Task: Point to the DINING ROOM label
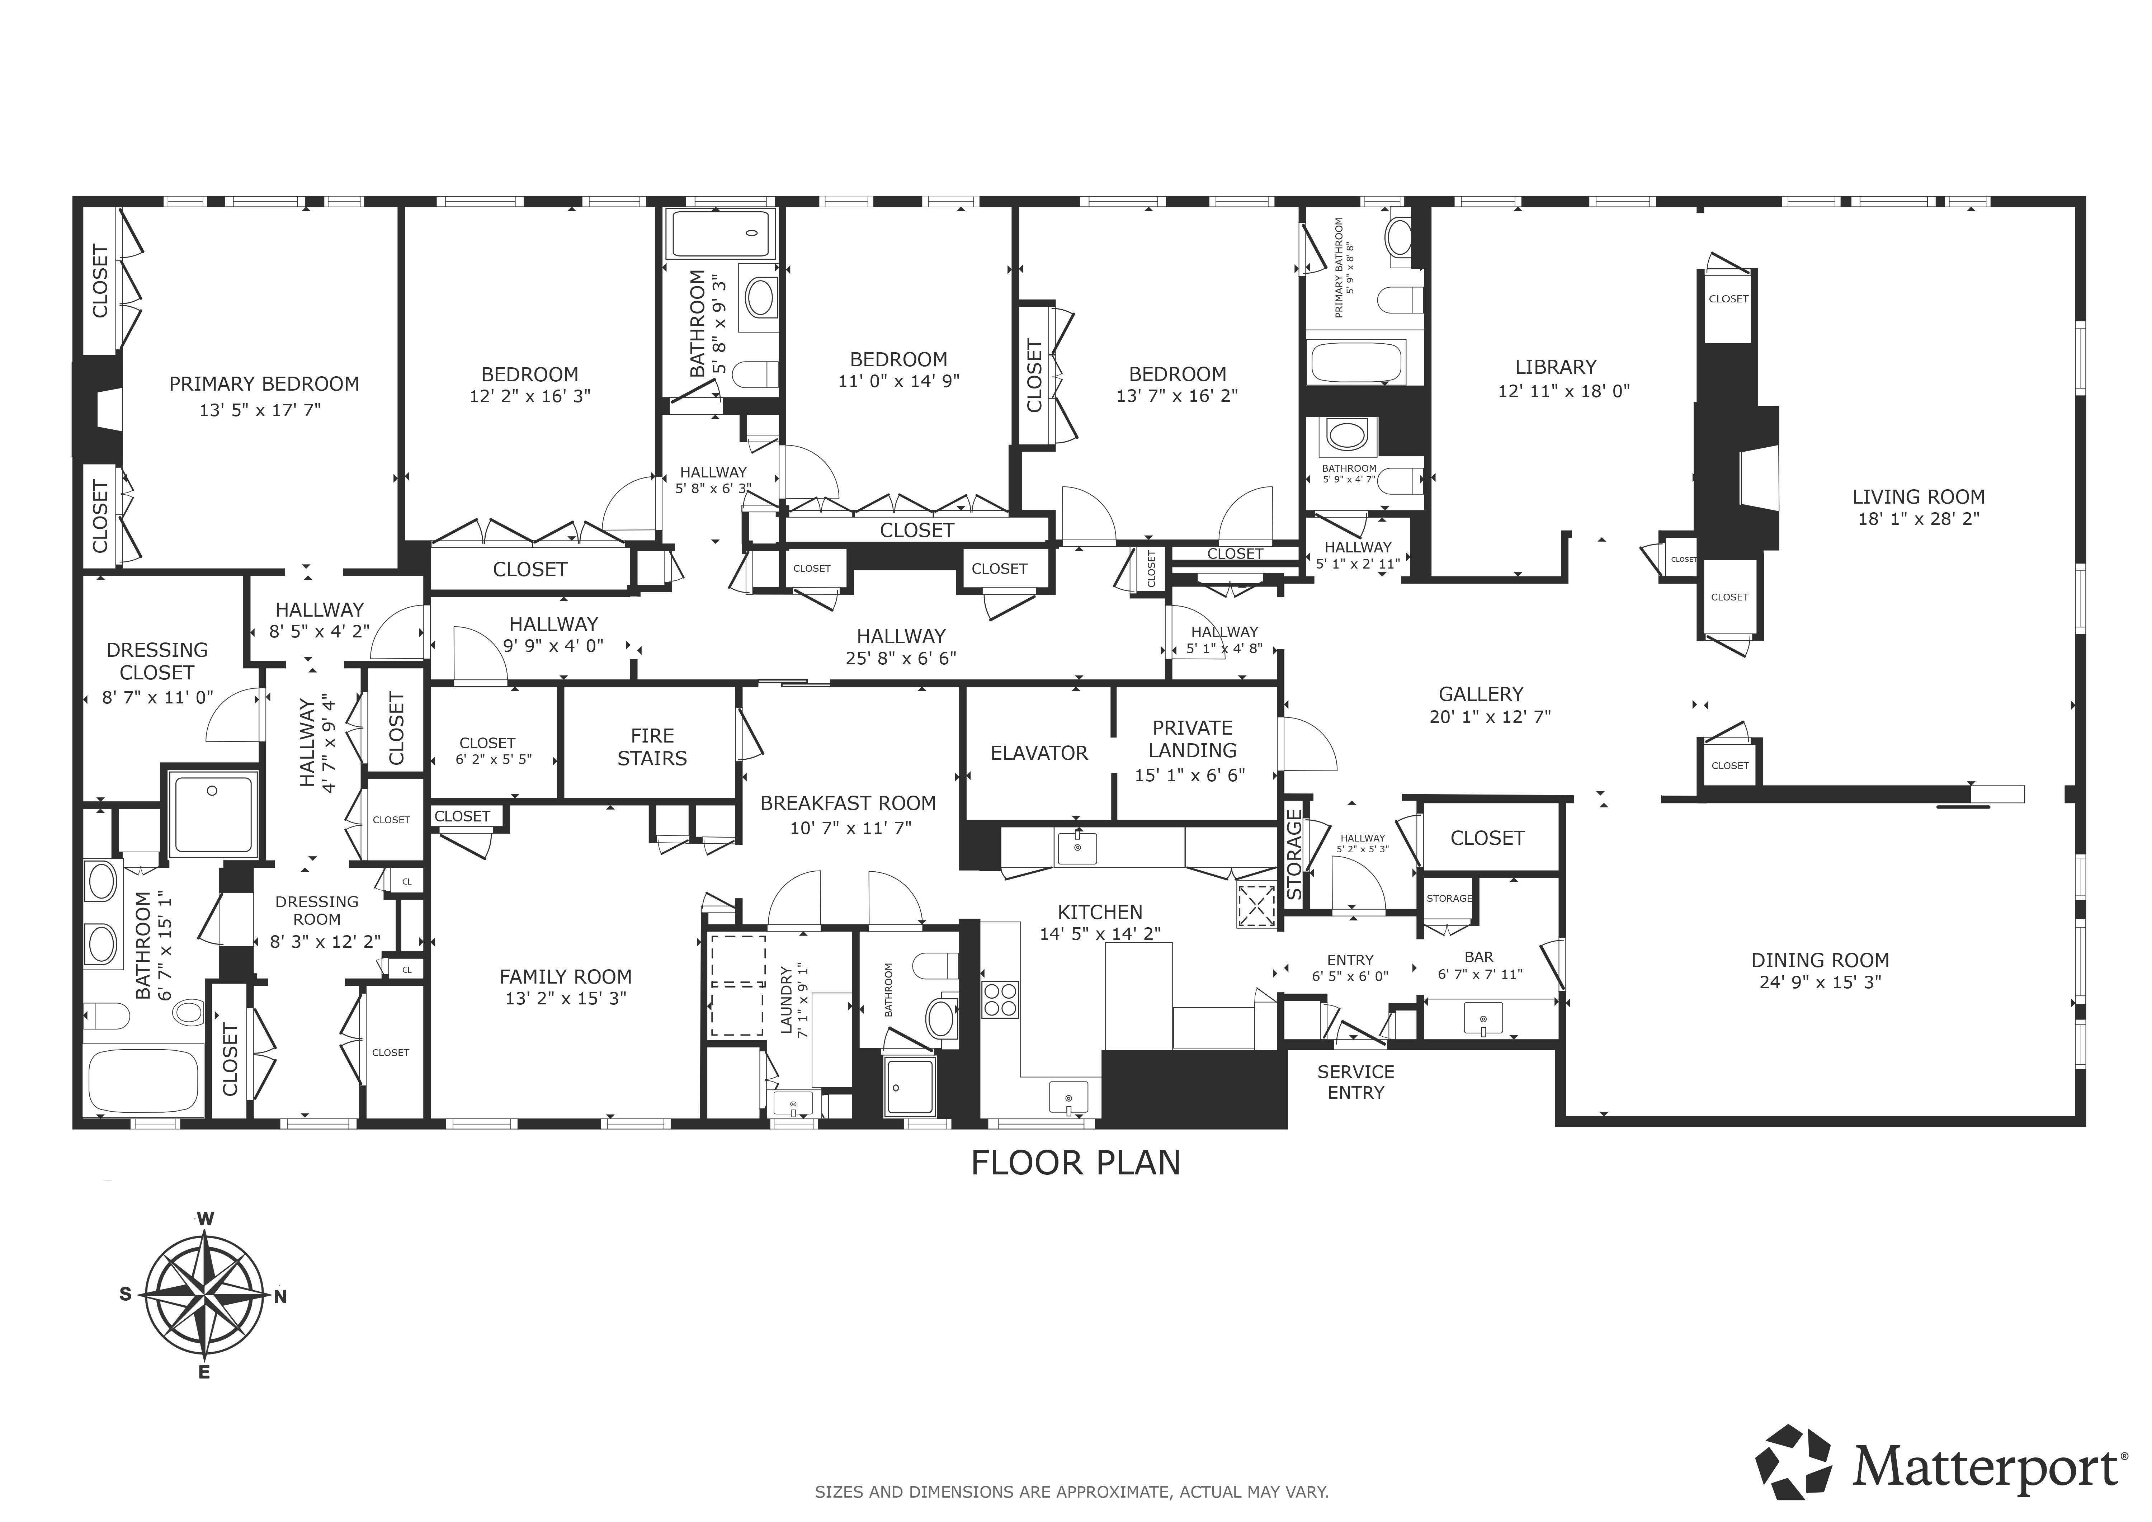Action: [x=1819, y=960]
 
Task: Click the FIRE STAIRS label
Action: [x=651, y=747]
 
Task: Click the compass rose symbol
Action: [x=204, y=1296]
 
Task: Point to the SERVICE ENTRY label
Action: [x=1355, y=1082]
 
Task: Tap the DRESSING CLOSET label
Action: [x=156, y=661]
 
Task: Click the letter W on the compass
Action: [x=205, y=1218]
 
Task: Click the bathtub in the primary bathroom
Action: [x=1356, y=362]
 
